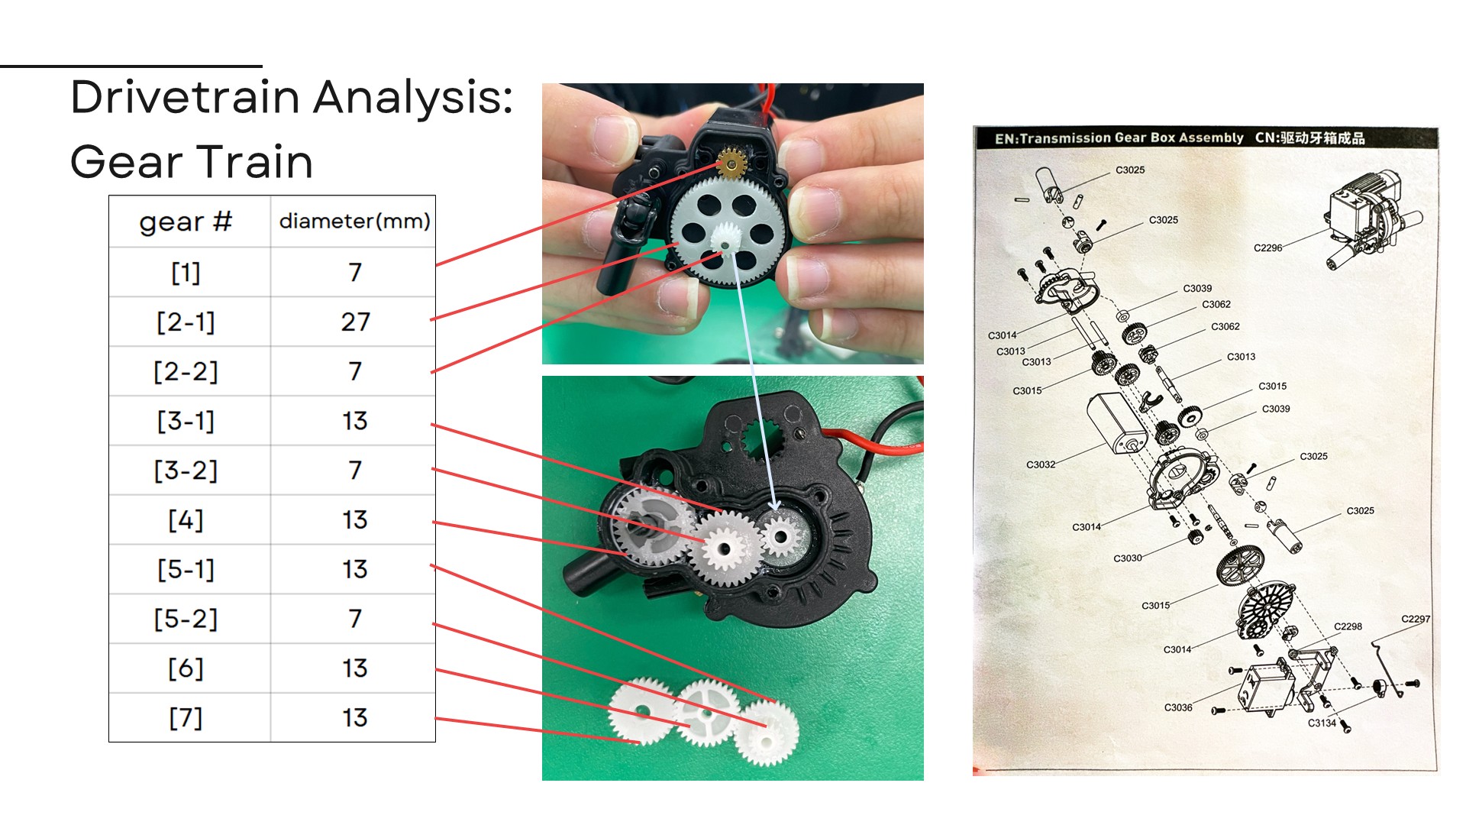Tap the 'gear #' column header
coord(186,222)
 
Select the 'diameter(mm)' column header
coord(354,222)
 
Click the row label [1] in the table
coord(186,272)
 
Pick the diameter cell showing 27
coord(355,322)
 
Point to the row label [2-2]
coord(186,371)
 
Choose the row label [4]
coord(186,520)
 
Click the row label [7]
coord(186,718)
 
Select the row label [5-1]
coord(186,570)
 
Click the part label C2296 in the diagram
coord(1267,247)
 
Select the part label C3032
coord(1041,464)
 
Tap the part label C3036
coord(1178,707)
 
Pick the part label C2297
coord(1416,619)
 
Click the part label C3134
coord(1322,723)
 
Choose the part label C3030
coord(1128,558)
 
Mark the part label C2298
coord(1348,626)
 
